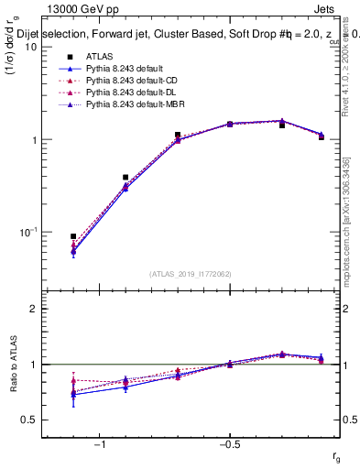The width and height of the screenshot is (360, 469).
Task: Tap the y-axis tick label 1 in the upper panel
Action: tap(33, 140)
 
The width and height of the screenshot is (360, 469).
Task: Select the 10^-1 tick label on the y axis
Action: tap(28, 232)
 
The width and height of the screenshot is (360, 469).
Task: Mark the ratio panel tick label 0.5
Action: tap(28, 420)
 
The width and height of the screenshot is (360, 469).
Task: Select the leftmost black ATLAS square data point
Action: tap(73, 236)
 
